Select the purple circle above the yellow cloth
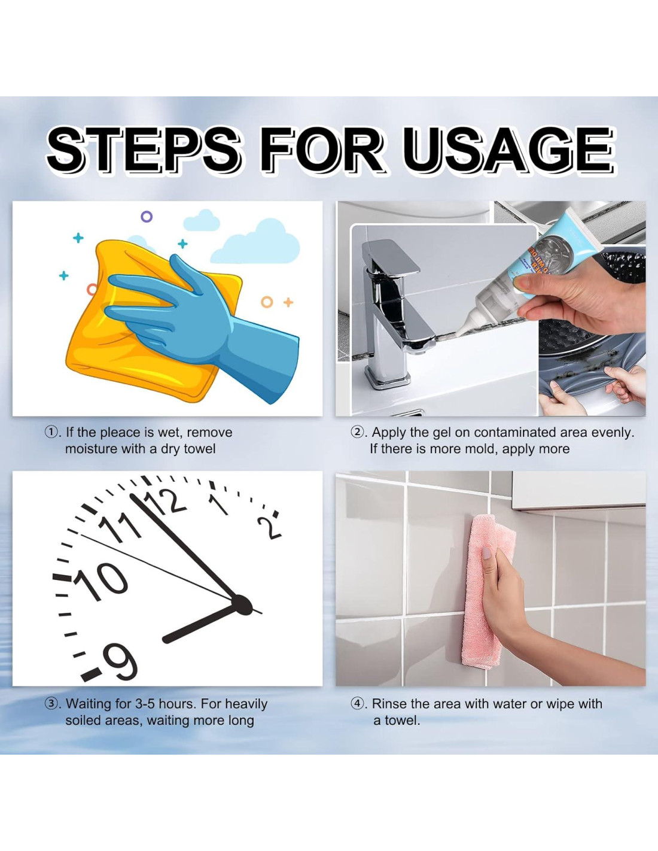point(147,217)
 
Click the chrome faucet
point(395,314)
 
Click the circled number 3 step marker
point(51,704)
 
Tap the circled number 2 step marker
point(357,433)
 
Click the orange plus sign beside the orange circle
point(288,302)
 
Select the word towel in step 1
point(199,449)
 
